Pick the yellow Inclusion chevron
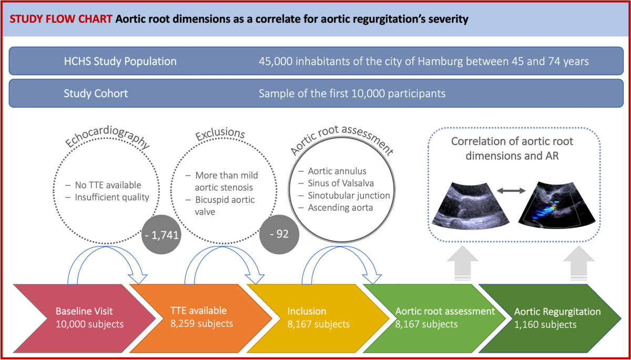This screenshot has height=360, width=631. coord(310,317)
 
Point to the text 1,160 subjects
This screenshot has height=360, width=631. coord(545,324)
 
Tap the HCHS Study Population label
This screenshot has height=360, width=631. coord(120,61)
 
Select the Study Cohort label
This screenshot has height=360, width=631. coord(96,94)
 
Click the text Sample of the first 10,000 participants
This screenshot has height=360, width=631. coord(352,94)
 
